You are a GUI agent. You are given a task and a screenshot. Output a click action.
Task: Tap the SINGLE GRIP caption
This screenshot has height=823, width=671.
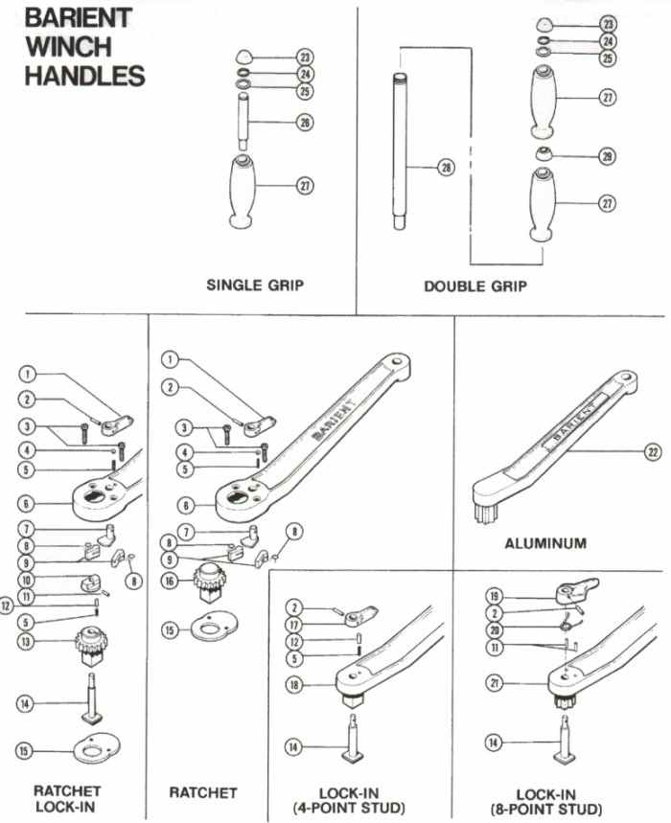(x=255, y=286)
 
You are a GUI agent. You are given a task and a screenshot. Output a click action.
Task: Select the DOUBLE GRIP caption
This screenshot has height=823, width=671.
(x=475, y=286)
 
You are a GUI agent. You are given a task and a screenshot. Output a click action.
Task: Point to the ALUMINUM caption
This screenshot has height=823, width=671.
(x=545, y=543)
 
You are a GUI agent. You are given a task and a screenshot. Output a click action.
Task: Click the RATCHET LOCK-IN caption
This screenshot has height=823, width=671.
(x=67, y=799)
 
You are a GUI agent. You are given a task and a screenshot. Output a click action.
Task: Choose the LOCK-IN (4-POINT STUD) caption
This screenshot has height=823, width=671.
(x=348, y=801)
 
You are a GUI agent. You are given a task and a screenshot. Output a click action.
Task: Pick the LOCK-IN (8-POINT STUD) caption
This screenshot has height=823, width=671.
(x=560, y=801)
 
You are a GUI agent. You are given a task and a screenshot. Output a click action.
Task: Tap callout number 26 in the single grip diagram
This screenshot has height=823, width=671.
(x=305, y=123)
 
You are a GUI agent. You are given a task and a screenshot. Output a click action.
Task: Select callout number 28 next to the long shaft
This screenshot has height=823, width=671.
(x=445, y=167)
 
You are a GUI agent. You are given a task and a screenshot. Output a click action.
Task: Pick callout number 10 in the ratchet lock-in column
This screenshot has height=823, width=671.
(x=28, y=580)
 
